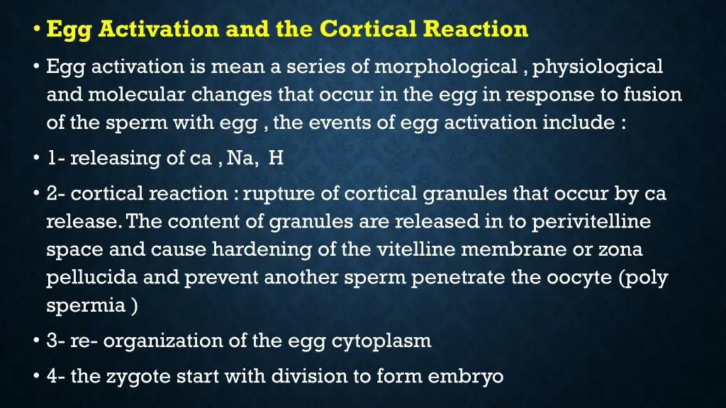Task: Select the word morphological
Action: [x=446, y=67]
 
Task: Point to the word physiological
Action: [x=598, y=67]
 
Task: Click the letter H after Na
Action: [x=276, y=158]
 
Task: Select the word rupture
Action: [x=276, y=193]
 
